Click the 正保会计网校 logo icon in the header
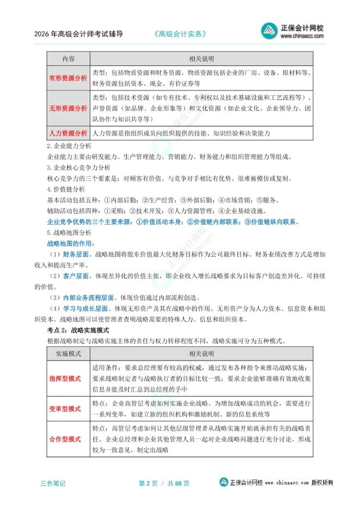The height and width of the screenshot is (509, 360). (x=270, y=31)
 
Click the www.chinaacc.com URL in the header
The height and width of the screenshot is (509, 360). (x=302, y=38)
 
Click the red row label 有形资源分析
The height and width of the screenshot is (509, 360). (x=69, y=78)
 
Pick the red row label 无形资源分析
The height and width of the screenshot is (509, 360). (x=69, y=108)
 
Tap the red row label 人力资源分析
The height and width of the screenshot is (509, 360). (x=69, y=133)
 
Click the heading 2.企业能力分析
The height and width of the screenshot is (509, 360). (x=69, y=146)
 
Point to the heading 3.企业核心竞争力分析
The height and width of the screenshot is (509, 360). (x=78, y=167)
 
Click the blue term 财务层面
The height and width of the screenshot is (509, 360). (x=76, y=254)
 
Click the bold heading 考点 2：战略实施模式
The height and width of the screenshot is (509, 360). (x=78, y=330)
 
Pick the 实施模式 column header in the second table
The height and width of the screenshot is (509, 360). (x=69, y=354)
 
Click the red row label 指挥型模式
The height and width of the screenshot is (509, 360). (x=65, y=378)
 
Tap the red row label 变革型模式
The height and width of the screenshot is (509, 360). (x=65, y=408)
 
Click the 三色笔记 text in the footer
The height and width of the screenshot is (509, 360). (x=53, y=483)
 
